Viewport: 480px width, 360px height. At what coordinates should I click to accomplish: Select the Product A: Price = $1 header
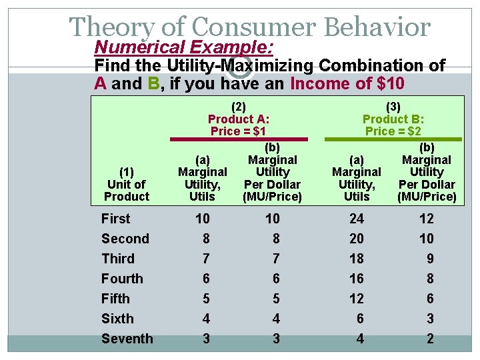239,119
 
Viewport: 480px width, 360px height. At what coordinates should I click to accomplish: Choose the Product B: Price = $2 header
393,119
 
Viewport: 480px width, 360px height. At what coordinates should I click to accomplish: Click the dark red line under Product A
239,139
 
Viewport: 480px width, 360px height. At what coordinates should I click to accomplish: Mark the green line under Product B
393,139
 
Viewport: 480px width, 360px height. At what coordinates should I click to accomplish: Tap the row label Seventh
127,339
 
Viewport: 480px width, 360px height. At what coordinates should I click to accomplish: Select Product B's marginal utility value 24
357,219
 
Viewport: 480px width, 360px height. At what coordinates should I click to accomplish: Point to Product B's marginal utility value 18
357,259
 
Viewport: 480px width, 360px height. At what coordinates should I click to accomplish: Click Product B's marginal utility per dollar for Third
429,259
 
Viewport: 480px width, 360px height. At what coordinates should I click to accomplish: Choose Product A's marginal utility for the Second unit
205,239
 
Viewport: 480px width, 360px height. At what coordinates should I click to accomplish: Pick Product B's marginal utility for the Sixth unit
360,319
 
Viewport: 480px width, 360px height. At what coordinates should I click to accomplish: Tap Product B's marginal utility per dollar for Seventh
429,339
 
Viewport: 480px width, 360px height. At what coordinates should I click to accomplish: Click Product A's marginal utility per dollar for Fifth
276,299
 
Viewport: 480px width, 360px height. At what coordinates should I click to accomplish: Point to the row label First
115,219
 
